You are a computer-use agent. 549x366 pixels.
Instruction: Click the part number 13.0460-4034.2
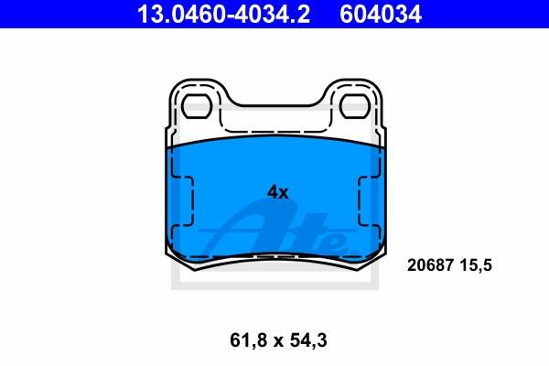coord(223,14)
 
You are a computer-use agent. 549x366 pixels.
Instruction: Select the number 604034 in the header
coord(381,14)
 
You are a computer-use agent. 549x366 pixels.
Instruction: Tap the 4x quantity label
coord(277,192)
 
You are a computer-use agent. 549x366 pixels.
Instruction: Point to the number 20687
coord(430,265)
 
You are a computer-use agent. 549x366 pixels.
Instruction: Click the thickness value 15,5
coord(476,265)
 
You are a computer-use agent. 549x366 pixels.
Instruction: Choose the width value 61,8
coord(246,340)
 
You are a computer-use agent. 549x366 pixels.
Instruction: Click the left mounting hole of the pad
coord(197,106)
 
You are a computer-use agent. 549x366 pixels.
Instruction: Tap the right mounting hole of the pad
coord(354,106)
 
